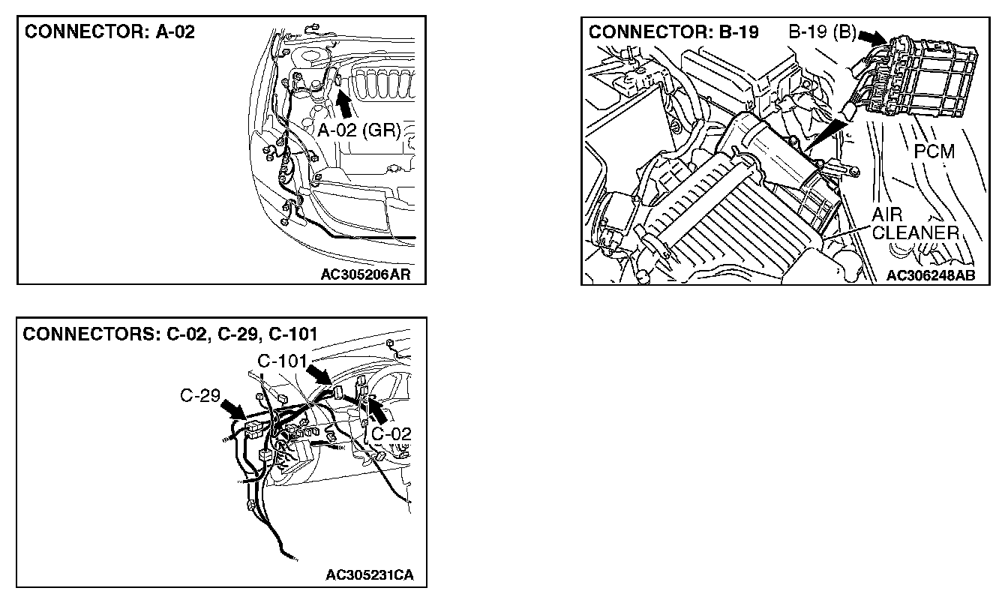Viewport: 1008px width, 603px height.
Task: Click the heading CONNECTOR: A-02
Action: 109,34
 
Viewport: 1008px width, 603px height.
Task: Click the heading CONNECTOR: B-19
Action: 673,32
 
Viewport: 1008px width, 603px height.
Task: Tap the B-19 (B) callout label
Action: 821,33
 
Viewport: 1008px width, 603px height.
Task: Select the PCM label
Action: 934,152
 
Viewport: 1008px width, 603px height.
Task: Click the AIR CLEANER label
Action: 916,225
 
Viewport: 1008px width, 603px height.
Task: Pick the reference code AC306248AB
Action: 931,275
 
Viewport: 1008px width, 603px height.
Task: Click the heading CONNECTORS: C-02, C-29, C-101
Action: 170,334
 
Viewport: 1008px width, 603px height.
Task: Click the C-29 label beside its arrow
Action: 199,397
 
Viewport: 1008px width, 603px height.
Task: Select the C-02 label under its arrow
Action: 391,433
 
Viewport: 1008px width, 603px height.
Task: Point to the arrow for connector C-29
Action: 234,410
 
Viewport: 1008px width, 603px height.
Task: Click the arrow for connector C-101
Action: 322,374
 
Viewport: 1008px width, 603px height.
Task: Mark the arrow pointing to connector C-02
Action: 377,410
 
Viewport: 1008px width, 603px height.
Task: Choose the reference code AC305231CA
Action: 370,575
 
